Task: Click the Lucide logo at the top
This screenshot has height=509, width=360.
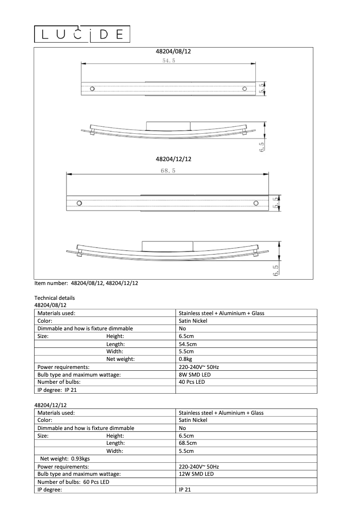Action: pos(82,34)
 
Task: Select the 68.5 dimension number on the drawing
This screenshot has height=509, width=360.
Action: pos(167,171)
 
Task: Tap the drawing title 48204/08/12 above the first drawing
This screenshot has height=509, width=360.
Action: pos(173,52)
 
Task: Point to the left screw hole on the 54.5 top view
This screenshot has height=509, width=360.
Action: pos(92,88)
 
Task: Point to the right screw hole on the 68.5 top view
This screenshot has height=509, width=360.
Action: pos(256,202)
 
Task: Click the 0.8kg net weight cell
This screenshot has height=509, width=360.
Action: pos(185,359)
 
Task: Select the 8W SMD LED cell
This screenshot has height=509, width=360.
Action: pos(194,374)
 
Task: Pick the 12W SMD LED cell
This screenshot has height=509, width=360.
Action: pos(196,474)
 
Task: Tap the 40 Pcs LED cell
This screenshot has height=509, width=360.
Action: pos(192,382)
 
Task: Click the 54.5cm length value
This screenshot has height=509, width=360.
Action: pos(188,344)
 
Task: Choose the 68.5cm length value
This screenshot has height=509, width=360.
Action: pos(188,443)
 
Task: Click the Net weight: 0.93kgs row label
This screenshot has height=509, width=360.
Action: pos(65,459)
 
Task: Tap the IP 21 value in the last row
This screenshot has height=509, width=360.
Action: pos(184,490)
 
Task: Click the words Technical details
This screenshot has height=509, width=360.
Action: pos(54,298)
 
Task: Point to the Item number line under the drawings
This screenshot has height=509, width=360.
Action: pos(86,283)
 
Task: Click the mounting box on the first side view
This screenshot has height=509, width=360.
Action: pos(168,125)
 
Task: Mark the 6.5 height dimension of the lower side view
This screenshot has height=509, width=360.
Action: pos(275,271)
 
